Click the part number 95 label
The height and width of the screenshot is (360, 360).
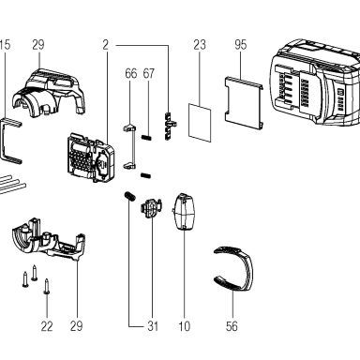pos(241,45)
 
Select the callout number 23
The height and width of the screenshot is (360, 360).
pos(200,45)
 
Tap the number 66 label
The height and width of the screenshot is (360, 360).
pos(131,73)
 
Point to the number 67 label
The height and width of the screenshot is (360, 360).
pos(149,73)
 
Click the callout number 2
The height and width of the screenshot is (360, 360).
pos(106,45)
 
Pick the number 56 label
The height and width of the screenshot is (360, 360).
pos(232,326)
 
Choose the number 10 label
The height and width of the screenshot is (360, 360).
pos(185,326)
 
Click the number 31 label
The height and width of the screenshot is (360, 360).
pos(153,326)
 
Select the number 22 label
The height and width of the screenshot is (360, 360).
pos(47,326)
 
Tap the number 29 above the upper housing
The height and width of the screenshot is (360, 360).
pos(38,45)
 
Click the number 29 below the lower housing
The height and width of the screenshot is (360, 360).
pos(77,326)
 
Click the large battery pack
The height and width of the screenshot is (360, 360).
pos(314,82)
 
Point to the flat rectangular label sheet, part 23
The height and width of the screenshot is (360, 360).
pos(200,123)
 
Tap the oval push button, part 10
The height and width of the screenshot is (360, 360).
pos(185,212)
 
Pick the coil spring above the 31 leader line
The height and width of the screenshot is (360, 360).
pos(129,197)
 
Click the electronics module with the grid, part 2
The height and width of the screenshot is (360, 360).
pos(91,157)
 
